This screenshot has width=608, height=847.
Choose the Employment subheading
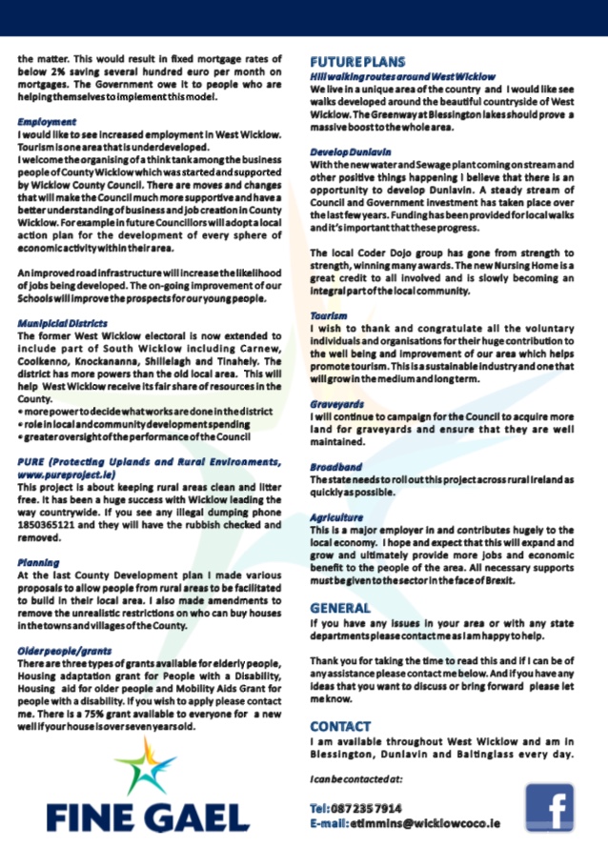[46, 122]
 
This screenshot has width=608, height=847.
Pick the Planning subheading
[38, 563]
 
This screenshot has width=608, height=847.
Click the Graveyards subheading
[336, 403]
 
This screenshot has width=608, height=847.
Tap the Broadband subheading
[335, 467]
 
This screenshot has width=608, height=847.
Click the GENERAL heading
[340, 608]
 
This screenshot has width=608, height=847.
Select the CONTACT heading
[340, 725]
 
